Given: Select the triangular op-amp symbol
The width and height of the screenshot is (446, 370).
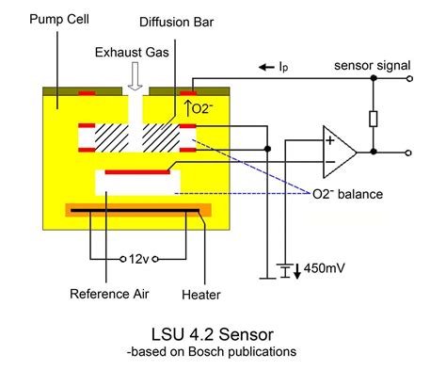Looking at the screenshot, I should pyautogui.click(x=340, y=151).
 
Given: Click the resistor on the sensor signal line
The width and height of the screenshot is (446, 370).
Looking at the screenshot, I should pyautogui.click(x=374, y=118).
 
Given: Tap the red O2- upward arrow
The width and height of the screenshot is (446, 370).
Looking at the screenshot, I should pyautogui.click(x=188, y=105).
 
